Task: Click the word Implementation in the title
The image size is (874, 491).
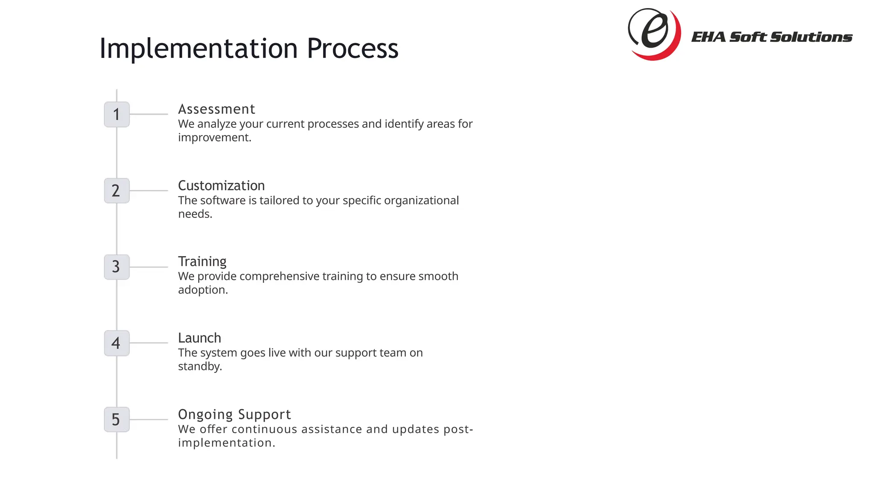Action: tap(198, 48)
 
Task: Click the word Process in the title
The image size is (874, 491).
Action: tap(353, 48)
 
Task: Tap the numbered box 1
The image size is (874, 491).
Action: tap(117, 114)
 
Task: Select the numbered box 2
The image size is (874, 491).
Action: tap(117, 191)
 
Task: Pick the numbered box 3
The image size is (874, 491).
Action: tap(117, 267)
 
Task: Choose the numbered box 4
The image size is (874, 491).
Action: tap(117, 343)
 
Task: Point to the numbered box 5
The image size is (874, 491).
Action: tap(117, 419)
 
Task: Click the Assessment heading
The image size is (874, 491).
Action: tap(216, 109)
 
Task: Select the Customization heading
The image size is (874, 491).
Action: tap(221, 186)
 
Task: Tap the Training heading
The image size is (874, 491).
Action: tap(202, 261)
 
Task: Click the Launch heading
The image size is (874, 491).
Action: tap(199, 338)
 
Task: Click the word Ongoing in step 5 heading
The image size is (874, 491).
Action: tap(205, 415)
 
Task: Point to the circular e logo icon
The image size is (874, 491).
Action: tap(654, 34)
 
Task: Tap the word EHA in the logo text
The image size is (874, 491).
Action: tap(708, 37)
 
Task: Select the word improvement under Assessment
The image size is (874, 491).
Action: tap(214, 138)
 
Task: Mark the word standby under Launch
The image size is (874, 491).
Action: tap(199, 367)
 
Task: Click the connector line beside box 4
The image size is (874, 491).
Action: tap(149, 343)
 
